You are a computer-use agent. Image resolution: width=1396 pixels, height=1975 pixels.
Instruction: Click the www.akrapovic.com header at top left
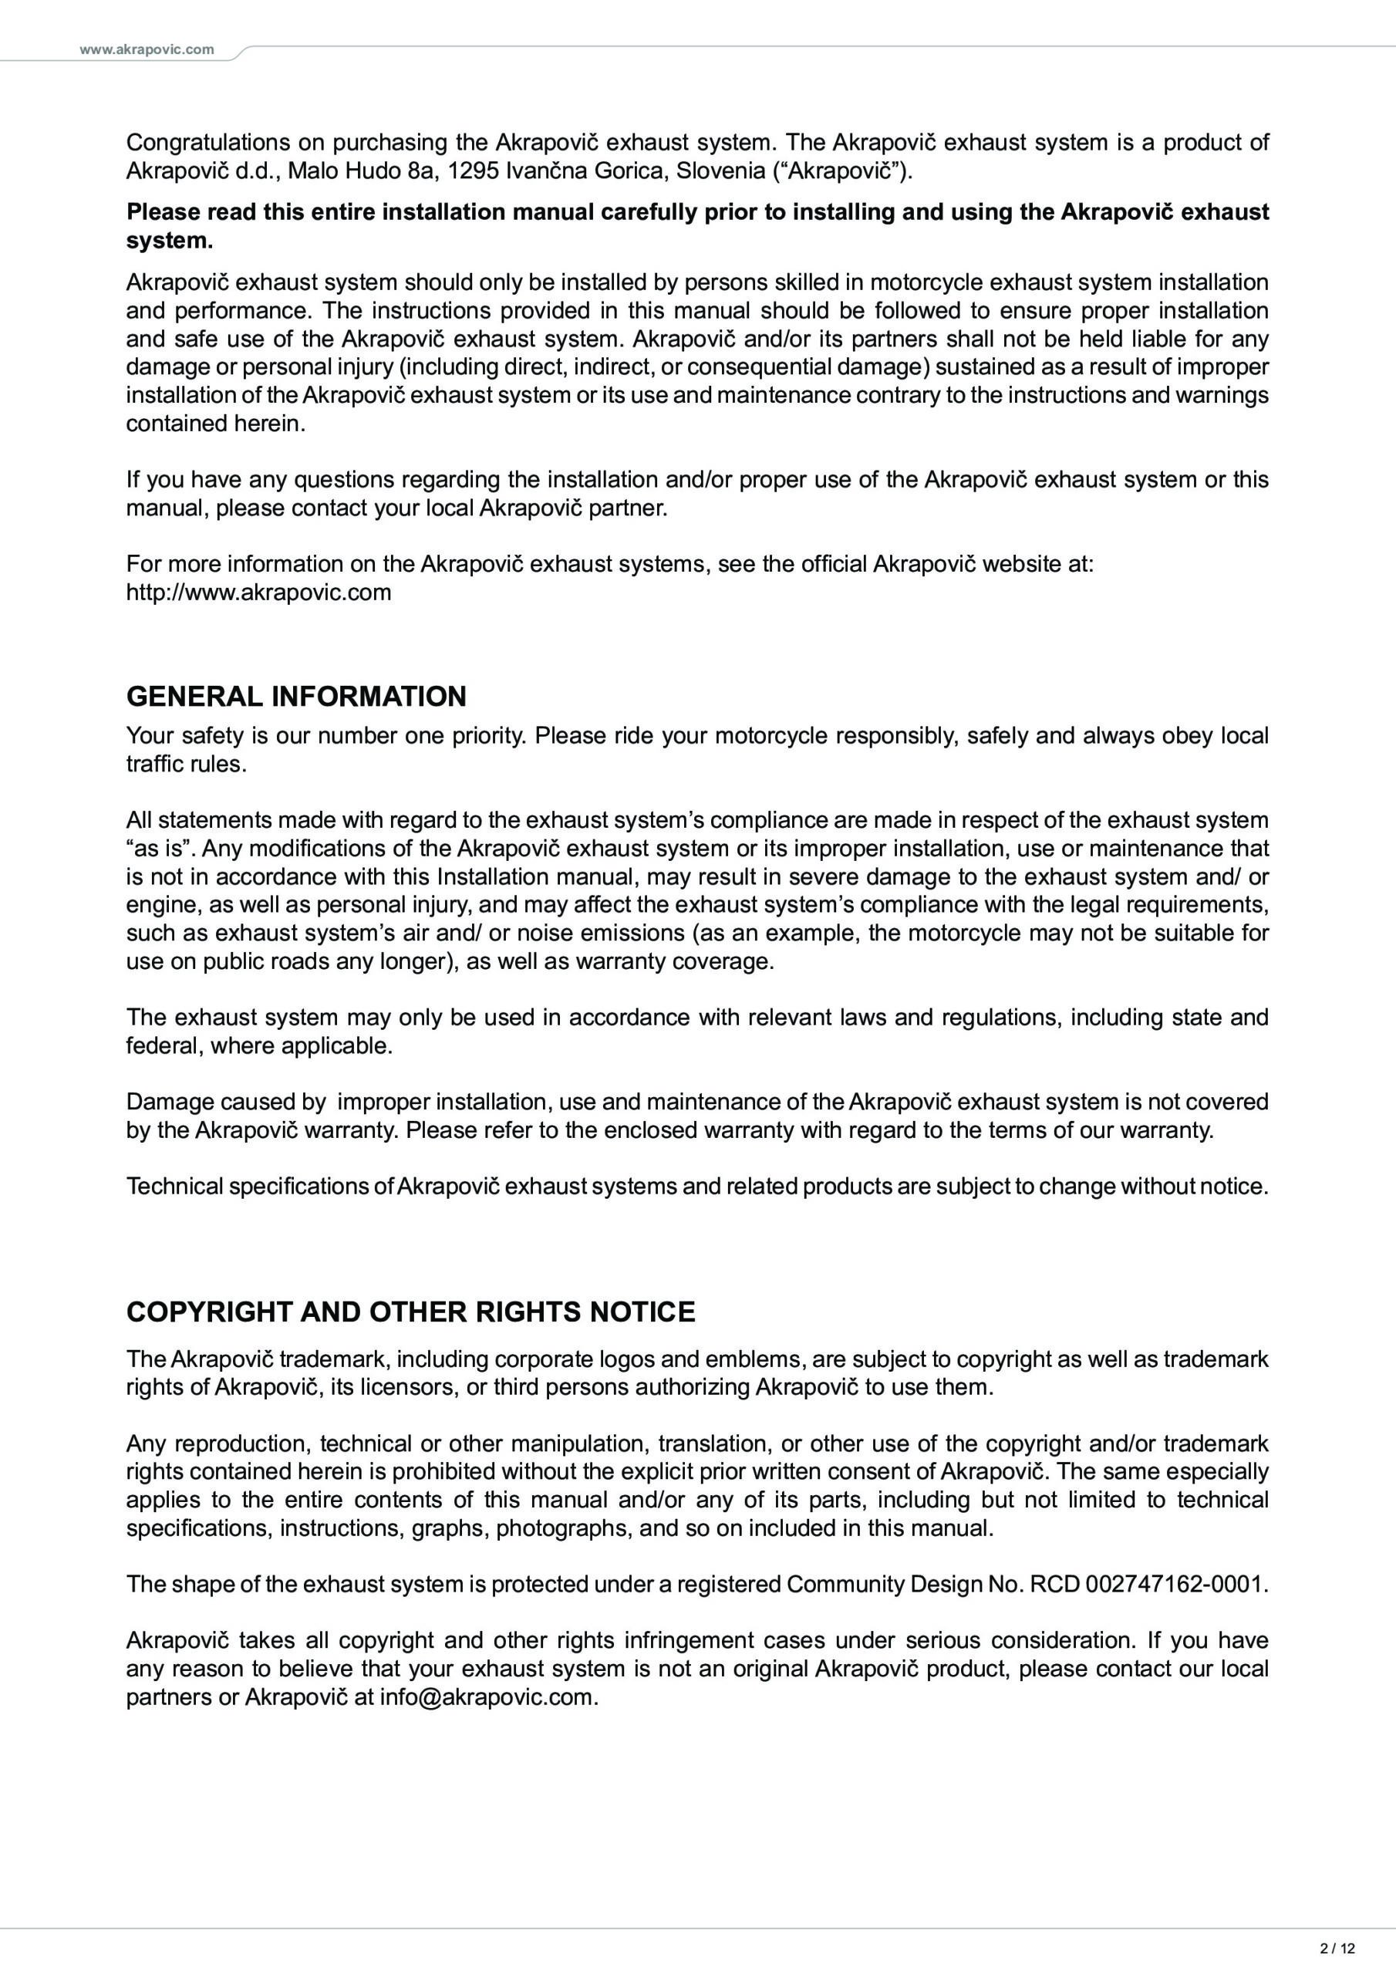(147, 50)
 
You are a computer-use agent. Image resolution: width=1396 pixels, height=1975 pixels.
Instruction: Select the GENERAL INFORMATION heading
(296, 696)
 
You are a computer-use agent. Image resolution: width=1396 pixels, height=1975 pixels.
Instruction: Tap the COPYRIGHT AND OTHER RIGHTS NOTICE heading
(410, 1311)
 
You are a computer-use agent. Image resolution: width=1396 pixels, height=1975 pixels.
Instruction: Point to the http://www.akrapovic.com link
(258, 592)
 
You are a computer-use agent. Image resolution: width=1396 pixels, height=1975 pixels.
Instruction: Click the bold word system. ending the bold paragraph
(170, 241)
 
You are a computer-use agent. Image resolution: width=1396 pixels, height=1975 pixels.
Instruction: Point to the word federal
(164, 1045)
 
